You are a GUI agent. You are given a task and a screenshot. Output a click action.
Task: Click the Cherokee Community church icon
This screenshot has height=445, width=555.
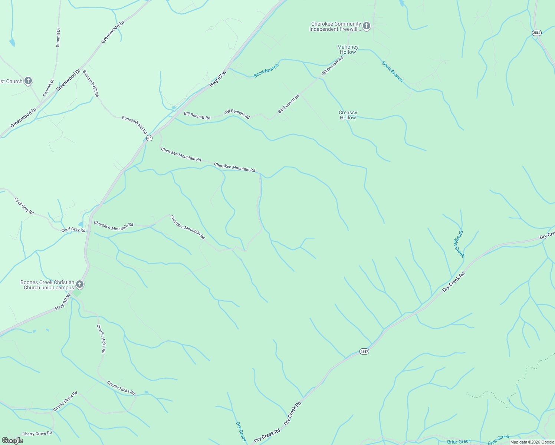tap(367, 26)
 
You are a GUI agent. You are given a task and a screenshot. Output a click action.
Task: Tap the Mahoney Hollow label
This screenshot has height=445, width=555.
tap(348, 49)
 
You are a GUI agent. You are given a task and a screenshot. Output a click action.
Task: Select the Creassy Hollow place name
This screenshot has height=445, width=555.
tap(348, 115)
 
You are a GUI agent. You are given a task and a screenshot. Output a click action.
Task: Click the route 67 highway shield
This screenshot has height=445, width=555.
tap(149, 138)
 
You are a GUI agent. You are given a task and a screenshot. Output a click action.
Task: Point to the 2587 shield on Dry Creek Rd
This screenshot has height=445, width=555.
tap(364, 351)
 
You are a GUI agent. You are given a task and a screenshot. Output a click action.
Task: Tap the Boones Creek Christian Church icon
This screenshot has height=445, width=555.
tap(79, 284)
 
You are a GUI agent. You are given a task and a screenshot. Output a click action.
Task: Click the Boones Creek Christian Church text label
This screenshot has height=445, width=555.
tap(47, 285)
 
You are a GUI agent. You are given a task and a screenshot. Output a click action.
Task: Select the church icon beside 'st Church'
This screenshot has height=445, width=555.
tap(28, 81)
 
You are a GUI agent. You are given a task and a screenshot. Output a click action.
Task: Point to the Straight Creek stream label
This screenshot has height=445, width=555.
tap(459, 244)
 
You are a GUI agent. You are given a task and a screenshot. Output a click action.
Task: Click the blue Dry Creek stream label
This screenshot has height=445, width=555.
tap(241, 431)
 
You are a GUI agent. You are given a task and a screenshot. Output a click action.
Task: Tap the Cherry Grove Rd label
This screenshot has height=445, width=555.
tap(37, 434)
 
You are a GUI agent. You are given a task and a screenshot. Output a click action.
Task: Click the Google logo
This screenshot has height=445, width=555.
tap(12, 441)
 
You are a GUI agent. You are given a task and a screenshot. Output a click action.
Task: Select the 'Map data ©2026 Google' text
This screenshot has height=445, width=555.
tap(532, 442)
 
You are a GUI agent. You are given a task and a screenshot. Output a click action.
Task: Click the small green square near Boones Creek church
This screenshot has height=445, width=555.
tap(77, 293)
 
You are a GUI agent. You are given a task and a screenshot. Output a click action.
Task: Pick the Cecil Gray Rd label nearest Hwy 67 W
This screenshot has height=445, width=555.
tap(73, 230)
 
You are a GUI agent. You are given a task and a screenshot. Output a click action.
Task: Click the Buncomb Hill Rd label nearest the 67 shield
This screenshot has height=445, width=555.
tap(134, 125)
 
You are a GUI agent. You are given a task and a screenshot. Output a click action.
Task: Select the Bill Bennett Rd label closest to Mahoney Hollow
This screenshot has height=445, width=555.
tap(332, 66)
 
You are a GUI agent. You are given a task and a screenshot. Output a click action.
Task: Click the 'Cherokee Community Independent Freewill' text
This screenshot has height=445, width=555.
tap(335, 26)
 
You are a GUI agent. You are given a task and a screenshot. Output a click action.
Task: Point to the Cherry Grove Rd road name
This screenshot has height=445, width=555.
tap(37, 434)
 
